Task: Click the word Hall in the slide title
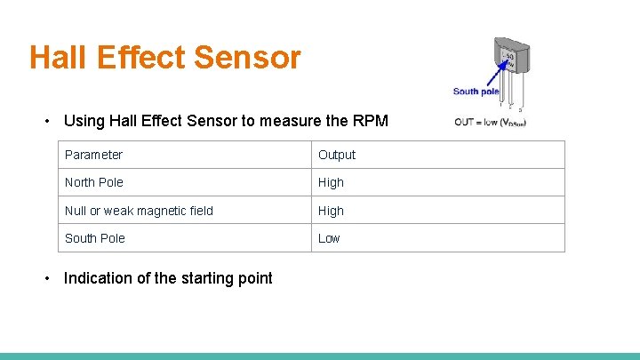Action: click(58, 58)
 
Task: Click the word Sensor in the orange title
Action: click(247, 58)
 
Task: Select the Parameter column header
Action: click(93, 155)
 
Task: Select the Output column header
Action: click(337, 155)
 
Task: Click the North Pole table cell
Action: click(93, 182)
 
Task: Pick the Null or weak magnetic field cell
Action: click(139, 211)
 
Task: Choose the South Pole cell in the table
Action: click(94, 238)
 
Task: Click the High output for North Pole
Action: click(331, 182)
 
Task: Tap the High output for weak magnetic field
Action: click(331, 211)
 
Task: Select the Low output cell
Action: click(329, 238)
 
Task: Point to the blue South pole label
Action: click(476, 91)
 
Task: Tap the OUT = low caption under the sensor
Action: click(490, 122)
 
